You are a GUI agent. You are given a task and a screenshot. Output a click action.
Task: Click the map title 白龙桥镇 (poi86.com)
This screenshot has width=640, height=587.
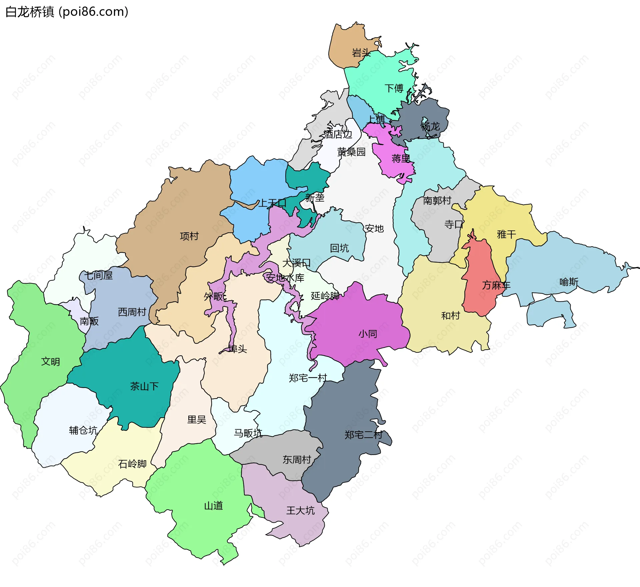coord(67,12)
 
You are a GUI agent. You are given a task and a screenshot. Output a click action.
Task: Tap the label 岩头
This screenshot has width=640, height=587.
coord(361,53)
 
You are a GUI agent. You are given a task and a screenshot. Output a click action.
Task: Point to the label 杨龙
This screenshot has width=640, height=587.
coord(430,126)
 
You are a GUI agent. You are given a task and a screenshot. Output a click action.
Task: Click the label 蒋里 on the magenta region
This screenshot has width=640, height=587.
coord(401,159)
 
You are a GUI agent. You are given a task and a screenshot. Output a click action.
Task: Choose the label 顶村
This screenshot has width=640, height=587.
coord(189,236)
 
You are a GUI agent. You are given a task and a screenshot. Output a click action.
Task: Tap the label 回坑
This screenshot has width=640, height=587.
coord(339,248)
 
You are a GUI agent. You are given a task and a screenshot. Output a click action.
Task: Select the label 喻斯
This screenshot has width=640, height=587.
coord(569,282)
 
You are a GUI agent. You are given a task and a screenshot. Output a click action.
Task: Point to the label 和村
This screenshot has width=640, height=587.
coord(450,316)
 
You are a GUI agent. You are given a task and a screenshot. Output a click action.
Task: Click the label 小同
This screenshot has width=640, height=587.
coord(368,334)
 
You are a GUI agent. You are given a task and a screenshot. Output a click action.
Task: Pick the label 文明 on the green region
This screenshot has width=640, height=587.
coord(50,362)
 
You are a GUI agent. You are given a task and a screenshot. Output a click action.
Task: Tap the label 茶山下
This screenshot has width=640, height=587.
coord(144,387)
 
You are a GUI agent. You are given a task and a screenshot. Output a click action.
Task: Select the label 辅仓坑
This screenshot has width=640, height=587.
coord(83,431)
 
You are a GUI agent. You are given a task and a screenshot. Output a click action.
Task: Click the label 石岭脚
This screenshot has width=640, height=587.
coord(132,464)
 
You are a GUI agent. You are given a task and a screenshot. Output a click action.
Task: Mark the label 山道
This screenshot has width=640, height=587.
coord(213,506)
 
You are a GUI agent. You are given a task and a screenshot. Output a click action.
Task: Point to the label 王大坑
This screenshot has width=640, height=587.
coord(300,511)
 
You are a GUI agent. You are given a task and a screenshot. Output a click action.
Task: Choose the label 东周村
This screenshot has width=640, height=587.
coord(297,460)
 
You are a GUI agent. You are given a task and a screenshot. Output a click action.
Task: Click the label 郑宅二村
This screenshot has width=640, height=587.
coord(363,435)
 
